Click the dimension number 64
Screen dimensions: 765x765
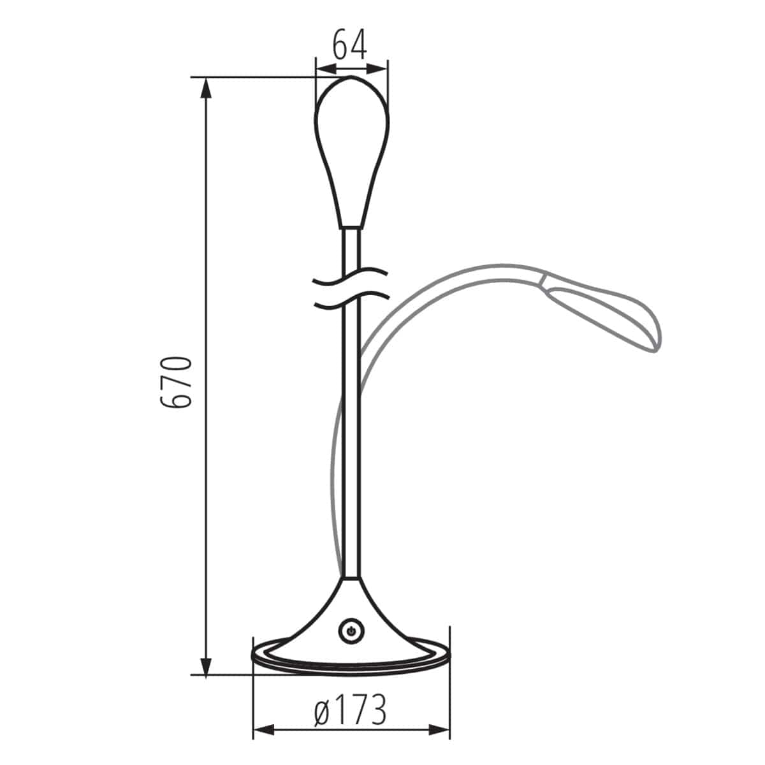pyautogui.click(x=350, y=44)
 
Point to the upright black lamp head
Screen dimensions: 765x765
pyautogui.click(x=351, y=147)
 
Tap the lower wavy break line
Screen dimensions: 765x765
pyautogui.click(x=351, y=300)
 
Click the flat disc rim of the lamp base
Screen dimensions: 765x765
pyautogui.click(x=351, y=662)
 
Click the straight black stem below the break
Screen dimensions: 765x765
pyautogui.click(x=351, y=446)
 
